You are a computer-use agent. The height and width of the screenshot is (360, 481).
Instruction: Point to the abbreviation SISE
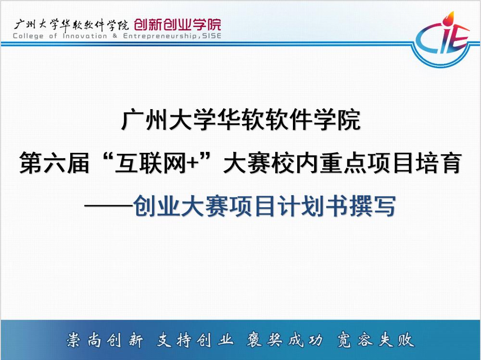click(x=212, y=36)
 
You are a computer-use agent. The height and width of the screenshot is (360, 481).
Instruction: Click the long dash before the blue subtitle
click(x=110, y=207)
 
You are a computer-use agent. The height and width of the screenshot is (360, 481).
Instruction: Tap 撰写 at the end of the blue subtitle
click(x=378, y=207)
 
